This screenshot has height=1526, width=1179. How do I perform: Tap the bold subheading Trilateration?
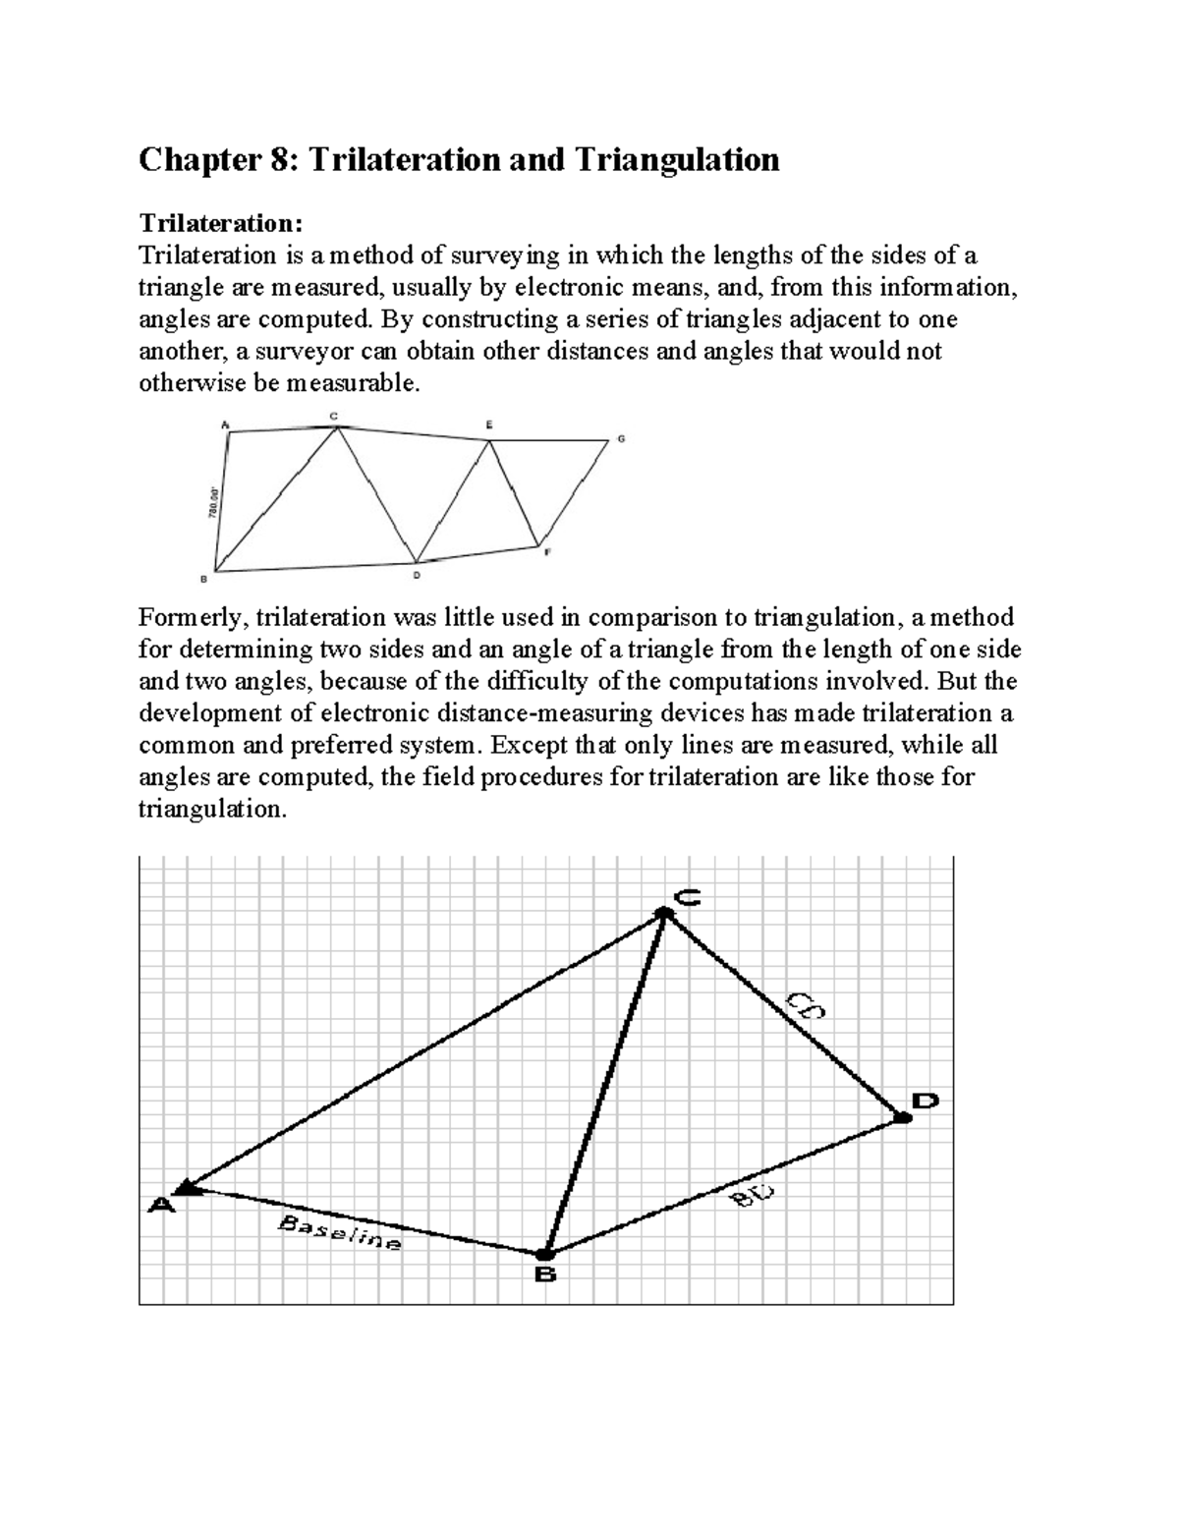[215, 223]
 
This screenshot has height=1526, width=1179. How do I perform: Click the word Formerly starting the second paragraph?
[193, 617]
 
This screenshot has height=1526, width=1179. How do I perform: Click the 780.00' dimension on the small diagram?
[212, 500]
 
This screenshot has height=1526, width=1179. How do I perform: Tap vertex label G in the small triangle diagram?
[621, 438]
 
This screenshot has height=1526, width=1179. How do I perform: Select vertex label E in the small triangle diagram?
[489, 424]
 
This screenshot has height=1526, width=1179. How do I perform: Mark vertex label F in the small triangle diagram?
[548, 552]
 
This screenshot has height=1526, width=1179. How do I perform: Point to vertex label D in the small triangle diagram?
[417, 576]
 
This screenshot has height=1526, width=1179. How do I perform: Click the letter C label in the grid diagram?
[687, 896]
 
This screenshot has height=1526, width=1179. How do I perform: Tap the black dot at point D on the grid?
[901, 1116]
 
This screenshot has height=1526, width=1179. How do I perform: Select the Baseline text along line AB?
[340, 1232]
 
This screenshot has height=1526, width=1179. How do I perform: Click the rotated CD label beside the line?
[805, 1007]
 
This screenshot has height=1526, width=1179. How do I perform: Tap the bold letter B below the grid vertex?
[545, 1275]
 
